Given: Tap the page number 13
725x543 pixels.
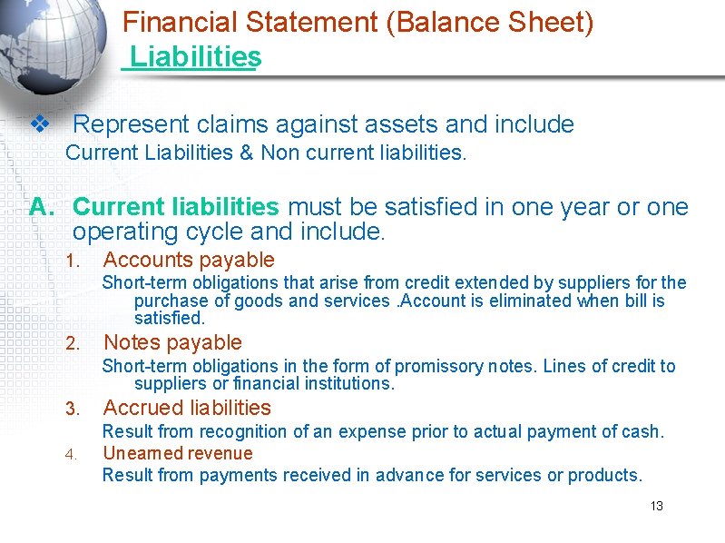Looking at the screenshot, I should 657,506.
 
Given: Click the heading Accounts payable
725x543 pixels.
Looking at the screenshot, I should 189,261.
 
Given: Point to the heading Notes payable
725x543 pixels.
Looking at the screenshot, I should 172,342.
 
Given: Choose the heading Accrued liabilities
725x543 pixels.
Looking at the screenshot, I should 187,408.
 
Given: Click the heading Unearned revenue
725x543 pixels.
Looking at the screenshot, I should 178,453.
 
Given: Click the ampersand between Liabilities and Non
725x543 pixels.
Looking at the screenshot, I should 246,153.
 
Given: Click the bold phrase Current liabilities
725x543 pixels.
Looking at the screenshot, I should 175,207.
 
